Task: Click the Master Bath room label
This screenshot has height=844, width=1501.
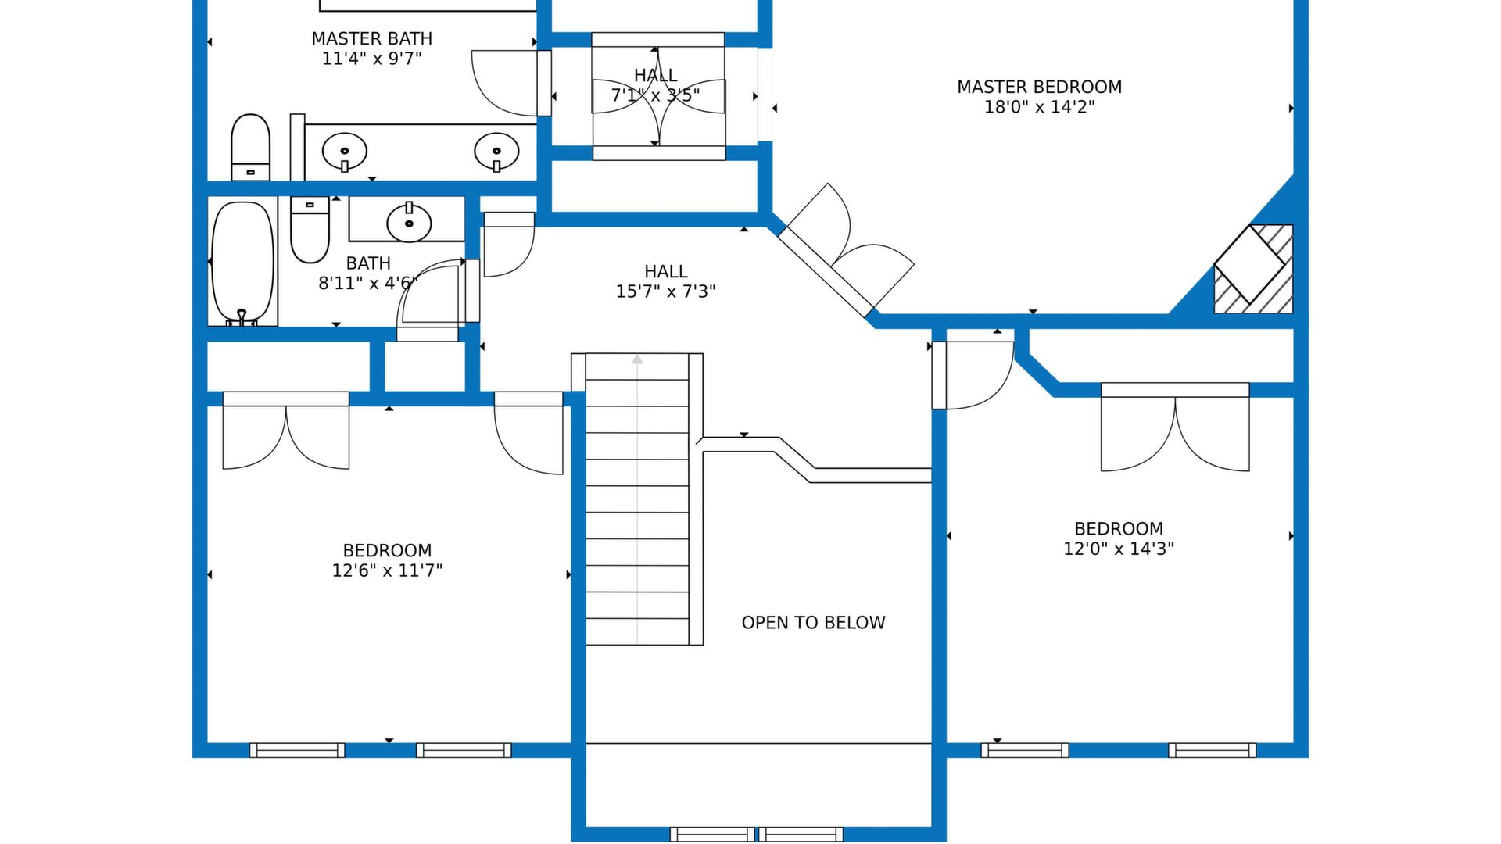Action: click(371, 38)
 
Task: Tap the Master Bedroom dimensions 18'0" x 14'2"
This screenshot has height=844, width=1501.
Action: click(1039, 107)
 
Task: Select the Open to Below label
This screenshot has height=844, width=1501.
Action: click(813, 623)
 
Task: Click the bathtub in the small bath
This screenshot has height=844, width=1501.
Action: click(243, 263)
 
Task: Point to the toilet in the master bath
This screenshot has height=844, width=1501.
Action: click(250, 147)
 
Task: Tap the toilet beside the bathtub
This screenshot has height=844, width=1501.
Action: click(310, 230)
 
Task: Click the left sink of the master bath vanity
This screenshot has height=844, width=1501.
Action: click(345, 152)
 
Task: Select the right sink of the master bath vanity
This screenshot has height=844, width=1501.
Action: click(496, 152)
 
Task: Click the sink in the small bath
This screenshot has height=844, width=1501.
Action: click(409, 222)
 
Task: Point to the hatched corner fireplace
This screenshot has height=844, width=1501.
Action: click(1253, 270)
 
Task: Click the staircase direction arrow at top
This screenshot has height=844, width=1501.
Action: click(637, 359)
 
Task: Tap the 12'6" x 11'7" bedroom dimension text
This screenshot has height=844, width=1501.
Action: click(387, 570)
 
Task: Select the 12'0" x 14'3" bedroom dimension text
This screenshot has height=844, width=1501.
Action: click(1119, 549)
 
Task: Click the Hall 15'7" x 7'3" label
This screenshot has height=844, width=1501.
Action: click(666, 281)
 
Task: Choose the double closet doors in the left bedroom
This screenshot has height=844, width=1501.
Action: click(286, 431)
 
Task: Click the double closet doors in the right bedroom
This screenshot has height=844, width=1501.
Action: click(1175, 427)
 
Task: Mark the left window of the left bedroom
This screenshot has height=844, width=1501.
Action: click(297, 750)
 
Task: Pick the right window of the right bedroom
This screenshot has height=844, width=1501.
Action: click(1213, 750)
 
